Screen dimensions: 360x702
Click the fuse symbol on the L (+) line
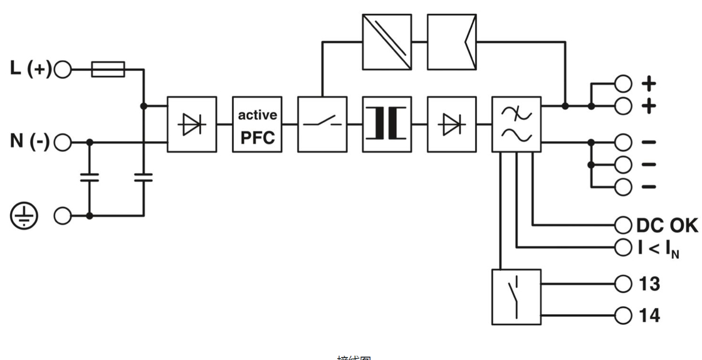point(108,69)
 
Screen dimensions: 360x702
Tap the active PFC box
point(257,124)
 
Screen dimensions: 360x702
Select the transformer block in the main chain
point(387,124)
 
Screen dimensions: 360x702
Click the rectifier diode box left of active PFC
point(192,124)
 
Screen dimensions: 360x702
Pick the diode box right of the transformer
point(451,124)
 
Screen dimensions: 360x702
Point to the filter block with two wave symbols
point(516,124)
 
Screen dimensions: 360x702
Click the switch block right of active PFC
point(322,124)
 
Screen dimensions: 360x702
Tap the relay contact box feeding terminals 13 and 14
point(516,297)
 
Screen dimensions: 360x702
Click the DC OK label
point(666,225)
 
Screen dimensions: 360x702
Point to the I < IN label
point(658,248)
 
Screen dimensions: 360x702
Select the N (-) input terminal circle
point(63,142)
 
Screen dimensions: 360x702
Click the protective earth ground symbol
point(24,216)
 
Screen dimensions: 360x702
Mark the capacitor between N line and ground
point(90,178)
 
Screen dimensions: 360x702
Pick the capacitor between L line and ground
point(144,178)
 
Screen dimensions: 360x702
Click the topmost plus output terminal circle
point(622,83)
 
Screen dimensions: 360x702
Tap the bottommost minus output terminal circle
point(622,187)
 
